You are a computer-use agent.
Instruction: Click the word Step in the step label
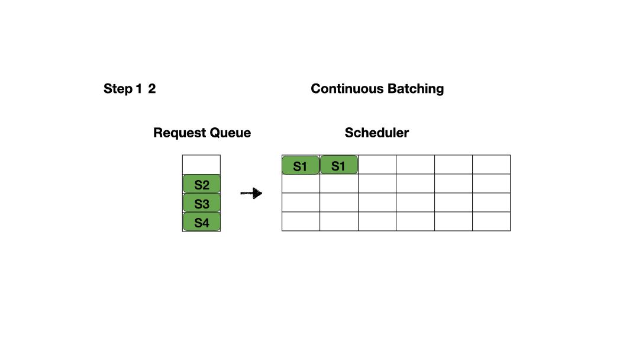[118, 89]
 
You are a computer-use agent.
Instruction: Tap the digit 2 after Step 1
[152, 89]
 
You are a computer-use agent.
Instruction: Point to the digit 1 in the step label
[138, 89]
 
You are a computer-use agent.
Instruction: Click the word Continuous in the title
[347, 89]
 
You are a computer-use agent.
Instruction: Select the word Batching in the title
[415, 89]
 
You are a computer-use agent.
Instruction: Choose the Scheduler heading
[376, 133]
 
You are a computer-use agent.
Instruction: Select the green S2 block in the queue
[201, 184]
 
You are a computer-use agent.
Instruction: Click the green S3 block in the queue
[201, 203]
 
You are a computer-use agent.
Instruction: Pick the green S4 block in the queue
[201, 222]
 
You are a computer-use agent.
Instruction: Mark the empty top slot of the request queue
[201, 164]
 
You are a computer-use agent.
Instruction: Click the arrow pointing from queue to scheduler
[251, 193]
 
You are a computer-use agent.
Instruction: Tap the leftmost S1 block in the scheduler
[301, 165]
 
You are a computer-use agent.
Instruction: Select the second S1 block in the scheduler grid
[338, 165]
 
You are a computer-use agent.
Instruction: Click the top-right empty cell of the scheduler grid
[491, 165]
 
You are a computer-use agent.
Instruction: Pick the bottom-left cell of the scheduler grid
[301, 221]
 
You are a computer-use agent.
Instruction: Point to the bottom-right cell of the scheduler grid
[491, 221]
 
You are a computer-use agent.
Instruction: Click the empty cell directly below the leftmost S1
[301, 184]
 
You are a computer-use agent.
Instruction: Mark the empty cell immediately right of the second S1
[377, 165]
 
